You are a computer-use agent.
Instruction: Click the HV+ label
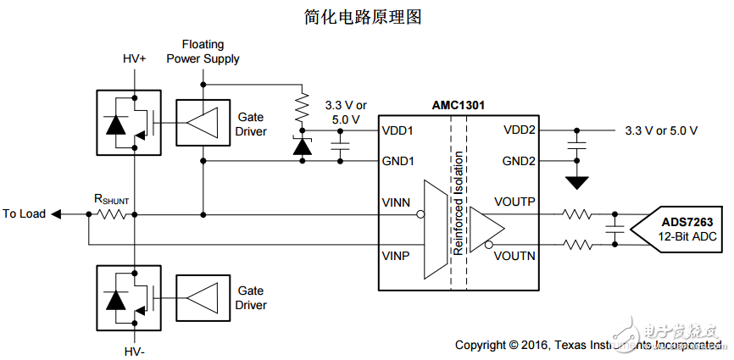click(x=136, y=59)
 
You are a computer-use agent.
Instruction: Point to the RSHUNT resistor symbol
click(x=114, y=214)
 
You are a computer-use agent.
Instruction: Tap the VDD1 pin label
click(x=398, y=131)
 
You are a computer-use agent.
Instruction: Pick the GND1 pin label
click(x=398, y=160)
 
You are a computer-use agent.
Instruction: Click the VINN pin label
click(x=398, y=203)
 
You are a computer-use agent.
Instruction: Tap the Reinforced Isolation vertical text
click(x=459, y=203)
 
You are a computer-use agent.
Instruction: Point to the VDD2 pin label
click(x=519, y=131)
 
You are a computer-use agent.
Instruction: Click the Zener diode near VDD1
click(x=300, y=147)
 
